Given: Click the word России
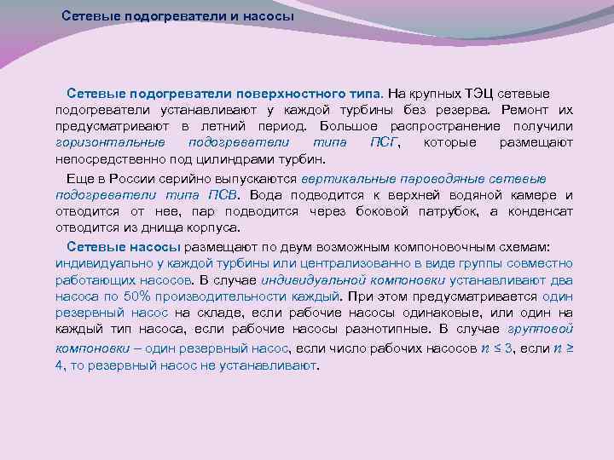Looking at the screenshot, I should (x=126, y=179).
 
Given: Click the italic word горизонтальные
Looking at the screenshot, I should (x=103, y=142).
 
